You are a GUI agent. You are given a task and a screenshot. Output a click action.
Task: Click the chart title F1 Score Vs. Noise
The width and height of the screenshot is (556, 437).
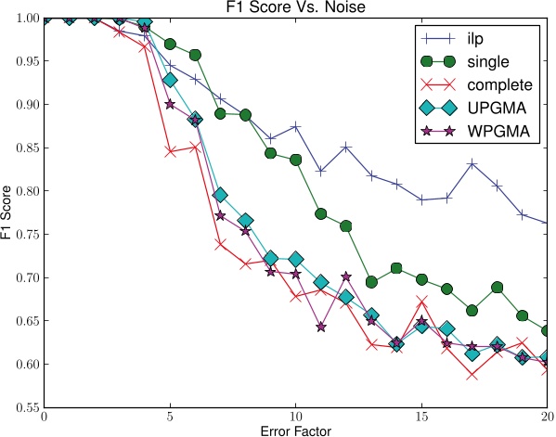tap(295, 8)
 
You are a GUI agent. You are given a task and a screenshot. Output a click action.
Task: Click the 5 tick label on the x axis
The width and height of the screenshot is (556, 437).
tap(170, 417)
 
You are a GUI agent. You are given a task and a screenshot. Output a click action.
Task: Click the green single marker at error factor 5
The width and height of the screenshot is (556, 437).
tap(170, 44)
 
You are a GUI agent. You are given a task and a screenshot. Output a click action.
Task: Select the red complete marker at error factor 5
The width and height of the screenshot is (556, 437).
tap(170, 150)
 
